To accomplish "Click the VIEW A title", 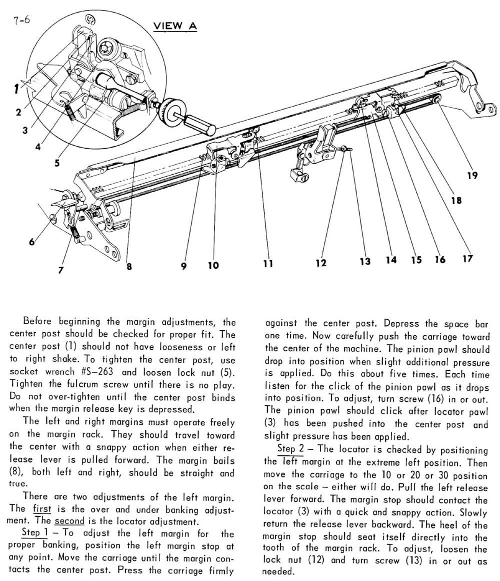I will pyautogui.click(x=175, y=26).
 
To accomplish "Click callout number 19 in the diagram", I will pyautogui.click(x=472, y=176).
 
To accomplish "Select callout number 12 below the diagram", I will pyautogui.click(x=320, y=262).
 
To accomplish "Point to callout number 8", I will pyautogui.click(x=129, y=266).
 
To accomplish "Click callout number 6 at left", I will pyautogui.click(x=32, y=242).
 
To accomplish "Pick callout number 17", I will pyautogui.click(x=467, y=259).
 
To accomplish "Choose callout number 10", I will pyautogui.click(x=213, y=265).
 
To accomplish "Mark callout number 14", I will pyautogui.click(x=391, y=260).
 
